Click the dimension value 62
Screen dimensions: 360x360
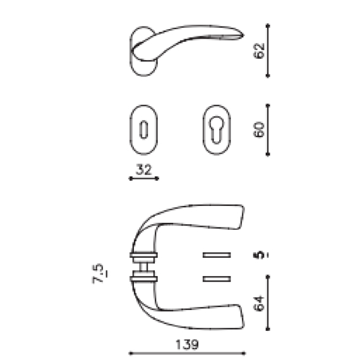tap(257, 51)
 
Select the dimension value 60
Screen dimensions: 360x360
tap(257, 129)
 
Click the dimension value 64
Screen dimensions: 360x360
tap(257, 303)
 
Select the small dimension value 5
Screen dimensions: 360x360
tap(257, 255)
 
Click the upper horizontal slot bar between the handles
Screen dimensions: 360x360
tap(215, 254)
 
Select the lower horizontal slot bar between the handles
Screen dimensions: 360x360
tap(215, 277)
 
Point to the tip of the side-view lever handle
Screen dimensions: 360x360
tap(240, 37)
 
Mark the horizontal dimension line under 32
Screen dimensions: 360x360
tap(143, 179)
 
